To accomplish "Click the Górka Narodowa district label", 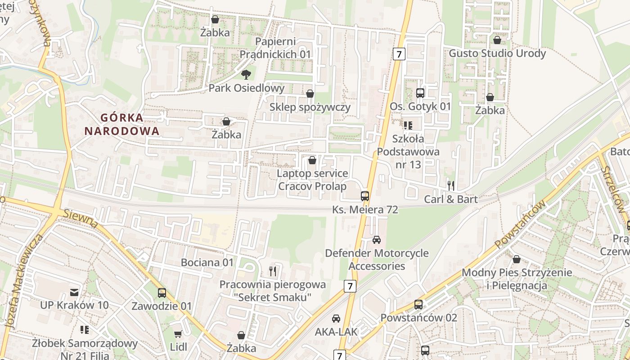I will pos(122,124).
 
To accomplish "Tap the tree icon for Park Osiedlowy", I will pos(246,74).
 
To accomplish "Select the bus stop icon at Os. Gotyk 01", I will pos(420,93).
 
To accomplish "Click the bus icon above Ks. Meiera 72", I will pos(365,196).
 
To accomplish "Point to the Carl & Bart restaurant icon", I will pos(451,185).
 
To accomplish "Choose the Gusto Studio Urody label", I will pos(497,53).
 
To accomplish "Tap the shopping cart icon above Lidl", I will pos(178,334).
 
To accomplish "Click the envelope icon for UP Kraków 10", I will pos(74,292).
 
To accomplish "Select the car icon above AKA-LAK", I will pos(336,319).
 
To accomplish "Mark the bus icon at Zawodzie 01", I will pos(162,293).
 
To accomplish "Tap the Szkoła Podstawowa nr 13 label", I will pos(408,151).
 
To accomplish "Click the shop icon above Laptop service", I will pos(312,160).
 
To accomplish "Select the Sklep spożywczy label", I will pos(310,107).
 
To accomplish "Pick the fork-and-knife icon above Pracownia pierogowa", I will pos(272,271).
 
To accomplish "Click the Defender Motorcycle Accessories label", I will pos(377,260).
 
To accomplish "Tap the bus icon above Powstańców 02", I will pos(418,305).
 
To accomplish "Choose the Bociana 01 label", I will pos(207,262).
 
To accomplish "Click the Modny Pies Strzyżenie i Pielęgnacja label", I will pos(517,279).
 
